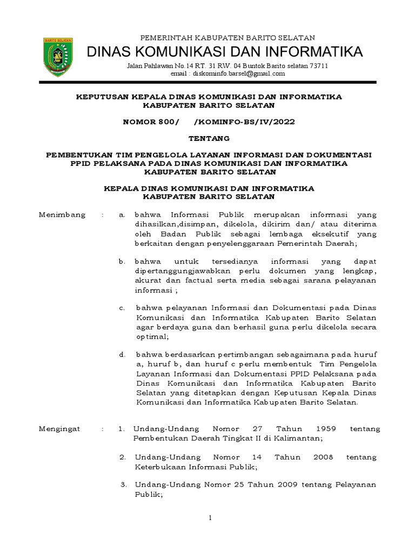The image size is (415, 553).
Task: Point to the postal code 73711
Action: (317, 66)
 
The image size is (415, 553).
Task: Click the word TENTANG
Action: (208, 138)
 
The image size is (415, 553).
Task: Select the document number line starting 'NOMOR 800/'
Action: (208, 122)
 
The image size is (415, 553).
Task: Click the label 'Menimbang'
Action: (62, 215)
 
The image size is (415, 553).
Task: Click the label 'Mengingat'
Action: (61, 429)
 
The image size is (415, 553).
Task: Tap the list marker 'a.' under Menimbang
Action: (122, 215)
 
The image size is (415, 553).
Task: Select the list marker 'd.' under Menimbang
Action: (122, 354)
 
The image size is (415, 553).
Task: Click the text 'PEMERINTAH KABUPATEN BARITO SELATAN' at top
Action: (227, 37)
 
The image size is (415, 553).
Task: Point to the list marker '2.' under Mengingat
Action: (123, 457)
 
